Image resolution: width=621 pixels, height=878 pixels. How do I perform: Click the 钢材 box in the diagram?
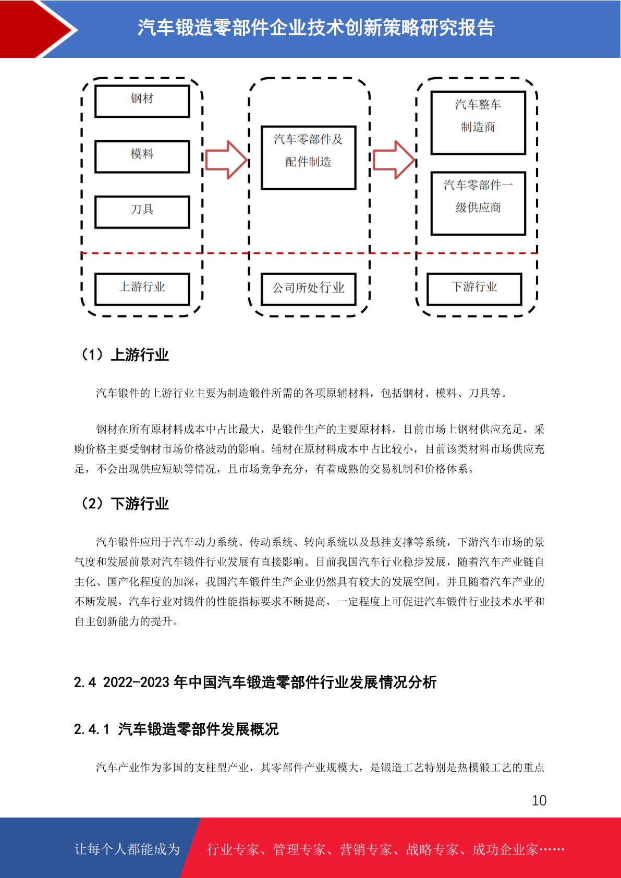coord(142,101)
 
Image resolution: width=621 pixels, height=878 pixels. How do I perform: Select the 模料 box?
coord(142,156)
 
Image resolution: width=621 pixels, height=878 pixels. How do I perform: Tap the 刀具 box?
coord(142,212)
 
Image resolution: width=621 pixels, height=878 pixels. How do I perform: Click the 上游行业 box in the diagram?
coord(142,289)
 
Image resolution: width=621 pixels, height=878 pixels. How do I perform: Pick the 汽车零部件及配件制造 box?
coord(309,157)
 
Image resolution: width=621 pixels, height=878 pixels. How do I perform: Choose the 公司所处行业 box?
coord(309,289)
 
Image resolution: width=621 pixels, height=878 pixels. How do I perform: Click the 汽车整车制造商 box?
coord(478,123)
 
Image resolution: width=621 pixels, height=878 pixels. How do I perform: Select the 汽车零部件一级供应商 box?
coord(478,203)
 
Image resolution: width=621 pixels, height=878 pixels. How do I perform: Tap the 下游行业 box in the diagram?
coord(474,289)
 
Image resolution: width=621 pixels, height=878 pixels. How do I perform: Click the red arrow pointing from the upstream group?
coord(226,160)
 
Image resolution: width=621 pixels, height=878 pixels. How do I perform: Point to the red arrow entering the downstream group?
coord(394,160)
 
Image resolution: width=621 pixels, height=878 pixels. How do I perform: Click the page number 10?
coord(539,800)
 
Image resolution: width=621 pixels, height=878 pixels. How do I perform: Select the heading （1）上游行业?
coord(124,355)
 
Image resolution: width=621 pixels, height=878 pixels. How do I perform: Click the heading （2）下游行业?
coord(124,504)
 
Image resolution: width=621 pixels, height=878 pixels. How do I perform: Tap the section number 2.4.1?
coord(91,729)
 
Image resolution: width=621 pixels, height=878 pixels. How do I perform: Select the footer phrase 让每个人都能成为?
coord(127,849)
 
